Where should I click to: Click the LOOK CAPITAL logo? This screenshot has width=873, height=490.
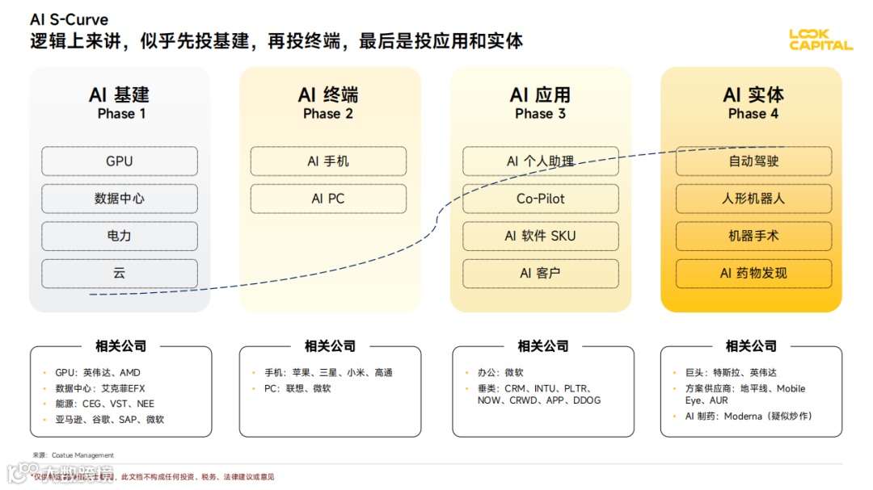click(x=820, y=40)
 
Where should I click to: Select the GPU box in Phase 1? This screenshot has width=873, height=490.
click(x=120, y=161)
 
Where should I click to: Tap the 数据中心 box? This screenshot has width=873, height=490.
click(x=120, y=199)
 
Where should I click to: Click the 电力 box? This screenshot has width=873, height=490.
click(x=120, y=236)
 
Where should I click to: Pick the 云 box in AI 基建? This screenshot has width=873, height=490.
click(x=120, y=273)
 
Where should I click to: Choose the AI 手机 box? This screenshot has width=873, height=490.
click(x=328, y=161)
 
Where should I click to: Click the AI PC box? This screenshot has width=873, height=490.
click(x=328, y=199)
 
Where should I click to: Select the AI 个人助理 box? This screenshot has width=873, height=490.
click(x=540, y=161)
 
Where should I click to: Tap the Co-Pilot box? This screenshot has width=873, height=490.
click(x=540, y=199)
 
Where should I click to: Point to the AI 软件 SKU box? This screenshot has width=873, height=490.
click(x=540, y=236)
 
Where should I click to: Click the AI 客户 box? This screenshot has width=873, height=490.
click(x=540, y=273)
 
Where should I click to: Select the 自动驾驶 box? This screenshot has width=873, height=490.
click(x=753, y=161)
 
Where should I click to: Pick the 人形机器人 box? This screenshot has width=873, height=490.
click(x=753, y=199)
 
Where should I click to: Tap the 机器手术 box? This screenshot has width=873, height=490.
click(x=753, y=236)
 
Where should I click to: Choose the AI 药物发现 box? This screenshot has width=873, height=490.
click(x=753, y=273)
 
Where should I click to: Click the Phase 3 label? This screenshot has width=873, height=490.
click(x=540, y=114)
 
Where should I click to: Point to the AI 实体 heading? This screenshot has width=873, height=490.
click(x=753, y=94)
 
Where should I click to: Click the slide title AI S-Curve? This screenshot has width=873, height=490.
click(x=69, y=19)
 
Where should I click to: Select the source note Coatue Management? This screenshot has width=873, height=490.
click(x=74, y=455)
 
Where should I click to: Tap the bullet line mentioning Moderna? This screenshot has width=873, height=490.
click(x=749, y=417)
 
